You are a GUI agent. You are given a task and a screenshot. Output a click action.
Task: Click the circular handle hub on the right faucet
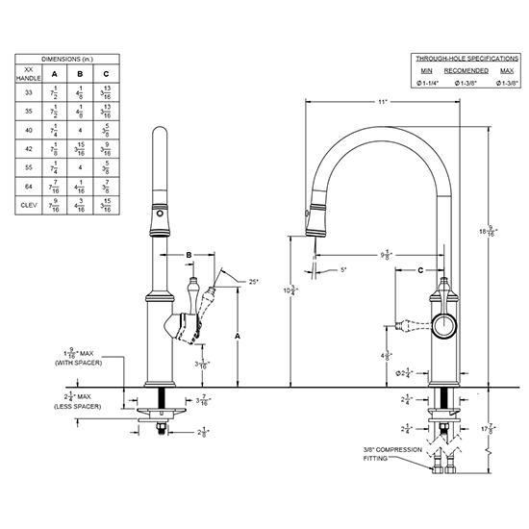pos(443,326)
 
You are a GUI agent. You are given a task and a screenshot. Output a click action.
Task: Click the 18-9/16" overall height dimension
pos(491,230)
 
